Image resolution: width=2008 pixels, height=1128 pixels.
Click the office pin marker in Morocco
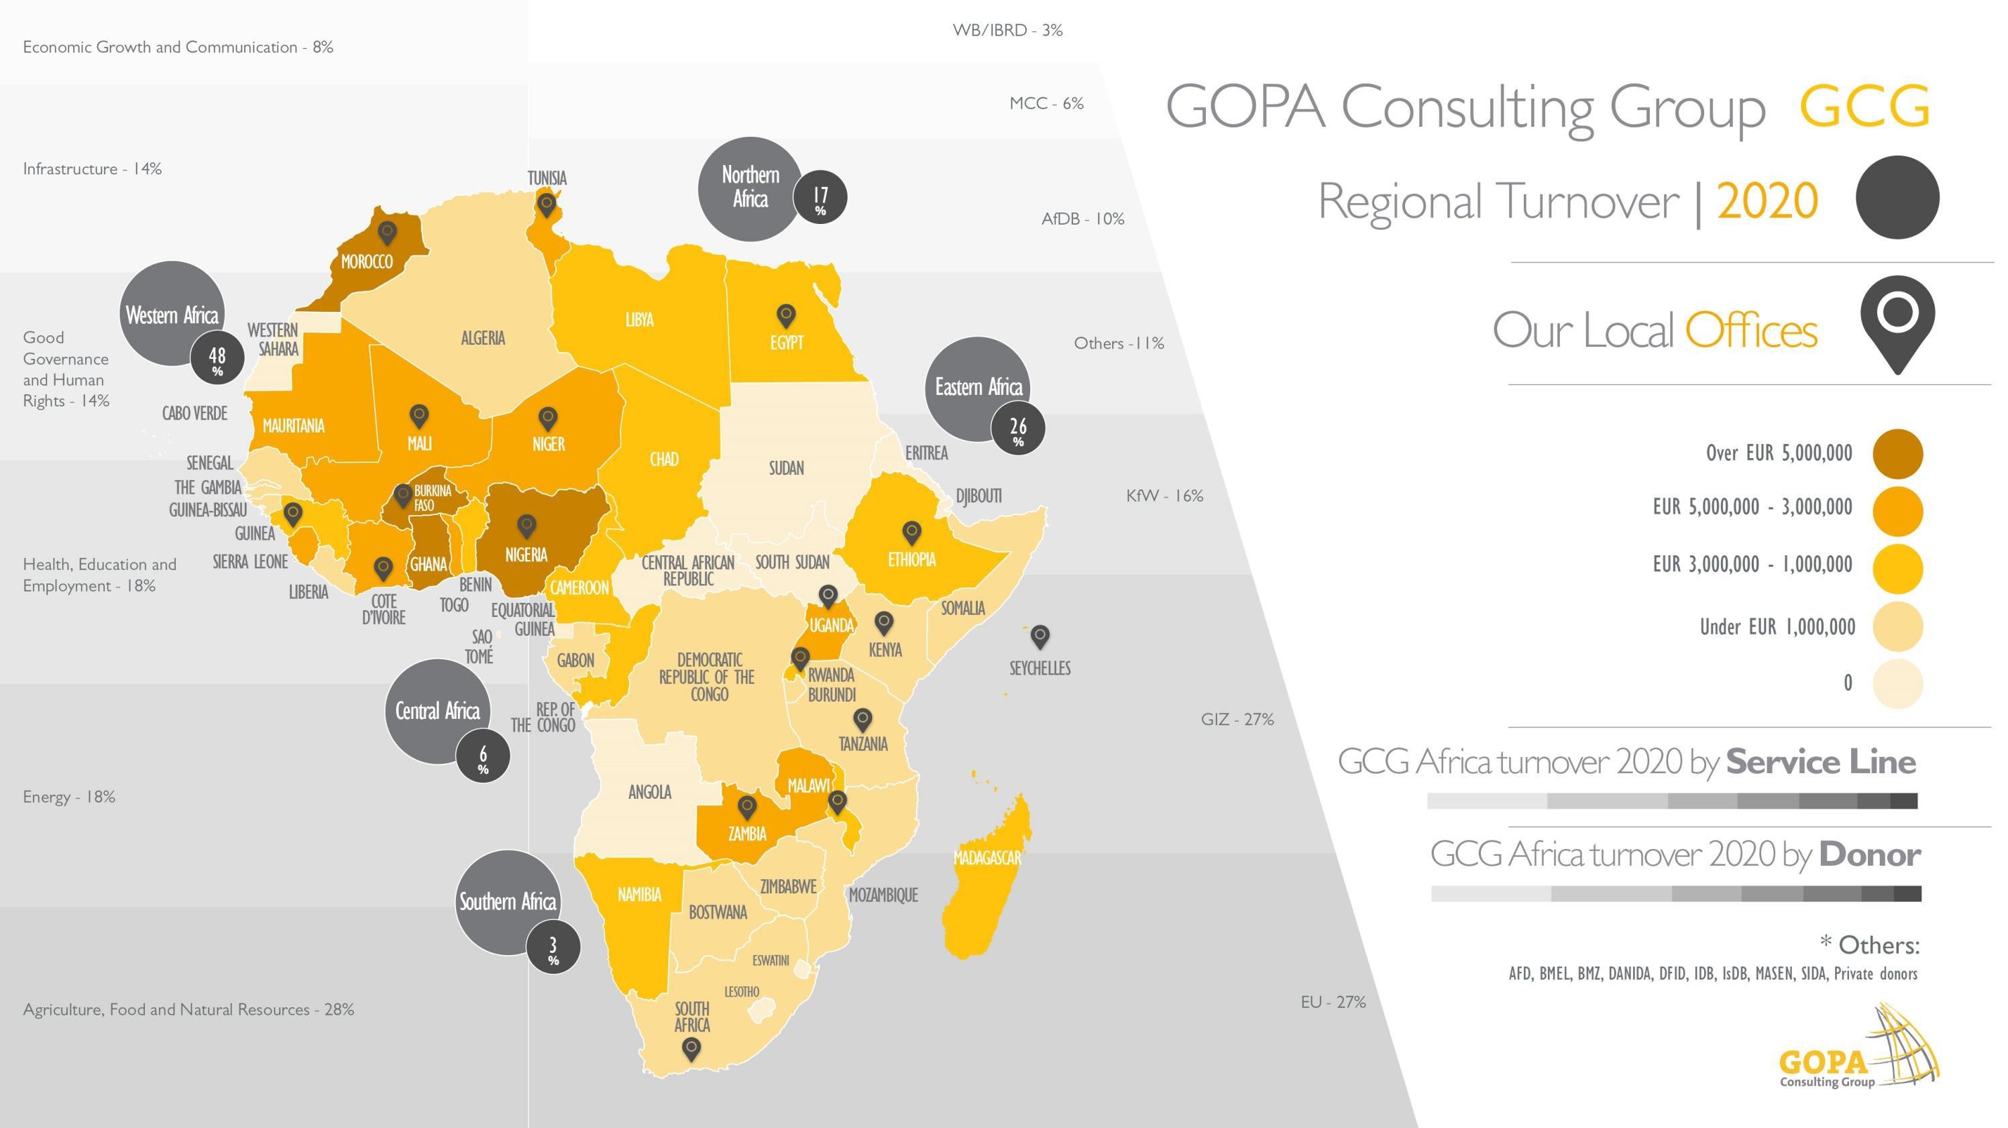386,231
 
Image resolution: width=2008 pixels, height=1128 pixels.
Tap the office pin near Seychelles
1040,635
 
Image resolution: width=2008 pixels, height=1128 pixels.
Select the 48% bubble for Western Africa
217,359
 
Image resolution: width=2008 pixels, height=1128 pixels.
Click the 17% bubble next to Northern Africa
820,197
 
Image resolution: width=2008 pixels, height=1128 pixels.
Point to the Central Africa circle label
437,711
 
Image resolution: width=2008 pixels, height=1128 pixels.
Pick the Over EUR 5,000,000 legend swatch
1897,454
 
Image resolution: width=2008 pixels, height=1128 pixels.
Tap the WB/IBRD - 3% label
1007,30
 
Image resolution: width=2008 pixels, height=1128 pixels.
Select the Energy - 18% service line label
69,797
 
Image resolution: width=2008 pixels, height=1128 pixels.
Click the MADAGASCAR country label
987,858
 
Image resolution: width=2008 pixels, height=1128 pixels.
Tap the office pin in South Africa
691,1048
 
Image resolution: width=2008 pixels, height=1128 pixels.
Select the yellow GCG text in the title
1864,107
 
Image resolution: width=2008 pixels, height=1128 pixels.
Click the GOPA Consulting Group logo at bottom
1858,1048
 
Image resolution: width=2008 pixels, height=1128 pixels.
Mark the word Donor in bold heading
1869,854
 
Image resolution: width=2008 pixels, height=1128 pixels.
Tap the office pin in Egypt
786,315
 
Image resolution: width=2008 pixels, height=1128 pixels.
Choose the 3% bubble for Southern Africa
553,948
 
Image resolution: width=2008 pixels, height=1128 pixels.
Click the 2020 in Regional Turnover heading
1767,201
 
